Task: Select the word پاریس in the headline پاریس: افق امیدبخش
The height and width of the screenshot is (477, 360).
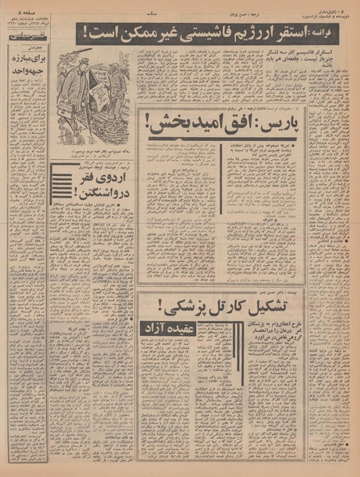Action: (286, 123)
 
